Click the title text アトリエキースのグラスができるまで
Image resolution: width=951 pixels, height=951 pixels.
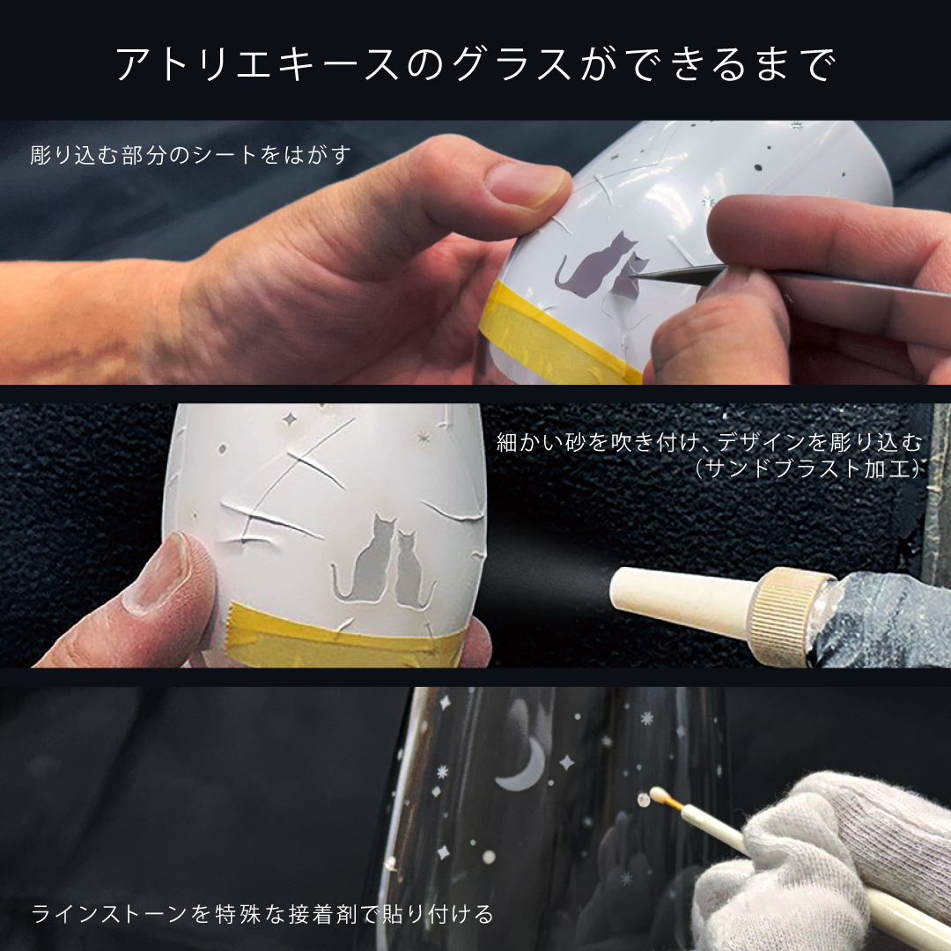(x=475, y=63)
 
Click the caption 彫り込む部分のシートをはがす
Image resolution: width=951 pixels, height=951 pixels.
(x=190, y=155)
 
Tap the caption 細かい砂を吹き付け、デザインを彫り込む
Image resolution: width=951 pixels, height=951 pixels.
(x=709, y=442)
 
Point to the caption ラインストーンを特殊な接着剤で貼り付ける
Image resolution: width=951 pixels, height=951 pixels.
(x=262, y=913)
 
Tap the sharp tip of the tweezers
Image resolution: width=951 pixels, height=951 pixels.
(x=632, y=276)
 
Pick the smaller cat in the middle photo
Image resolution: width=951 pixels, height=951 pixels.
(x=413, y=568)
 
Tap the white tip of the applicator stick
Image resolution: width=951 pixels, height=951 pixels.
(x=656, y=792)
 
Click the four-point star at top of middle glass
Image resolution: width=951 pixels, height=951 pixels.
(x=289, y=418)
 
